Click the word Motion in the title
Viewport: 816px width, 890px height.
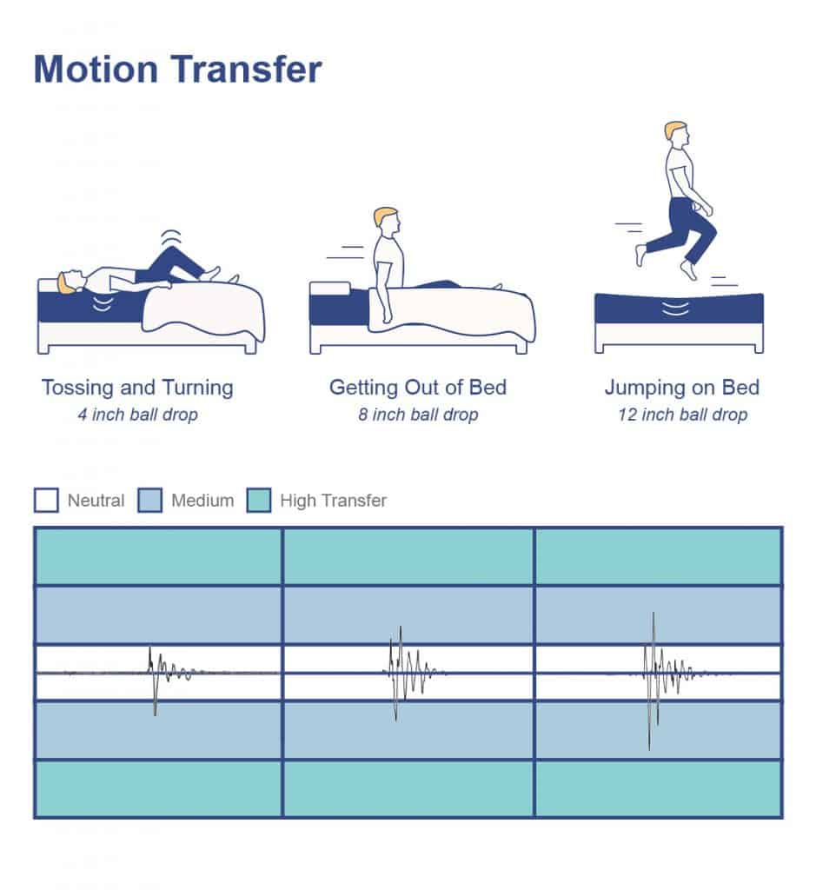pyautogui.click(x=96, y=70)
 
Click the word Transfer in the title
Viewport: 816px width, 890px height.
pyautogui.click(x=246, y=70)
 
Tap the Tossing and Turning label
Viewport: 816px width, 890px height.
pyautogui.click(x=137, y=388)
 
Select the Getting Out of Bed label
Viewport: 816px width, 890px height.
pyautogui.click(x=418, y=387)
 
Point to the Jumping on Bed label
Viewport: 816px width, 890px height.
pyautogui.click(x=681, y=388)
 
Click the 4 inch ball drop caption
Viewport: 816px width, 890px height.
pyautogui.click(x=138, y=415)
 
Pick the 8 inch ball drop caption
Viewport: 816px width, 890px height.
pyautogui.click(x=418, y=415)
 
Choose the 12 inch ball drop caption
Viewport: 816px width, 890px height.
pyautogui.click(x=683, y=415)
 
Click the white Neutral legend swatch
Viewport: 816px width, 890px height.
pyautogui.click(x=46, y=500)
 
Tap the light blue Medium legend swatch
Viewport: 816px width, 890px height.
pyautogui.click(x=149, y=500)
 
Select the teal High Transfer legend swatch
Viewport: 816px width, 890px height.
pyautogui.click(x=259, y=500)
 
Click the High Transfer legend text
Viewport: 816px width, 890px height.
pyautogui.click(x=333, y=501)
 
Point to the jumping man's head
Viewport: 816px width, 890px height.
pyautogui.click(x=676, y=134)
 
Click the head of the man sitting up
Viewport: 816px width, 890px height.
pyautogui.click(x=387, y=221)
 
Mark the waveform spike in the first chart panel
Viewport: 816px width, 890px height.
pyautogui.click(x=153, y=680)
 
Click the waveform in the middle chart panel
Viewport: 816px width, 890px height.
pyautogui.click(x=409, y=674)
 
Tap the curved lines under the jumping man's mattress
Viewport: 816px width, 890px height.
pyautogui.click(x=675, y=309)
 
